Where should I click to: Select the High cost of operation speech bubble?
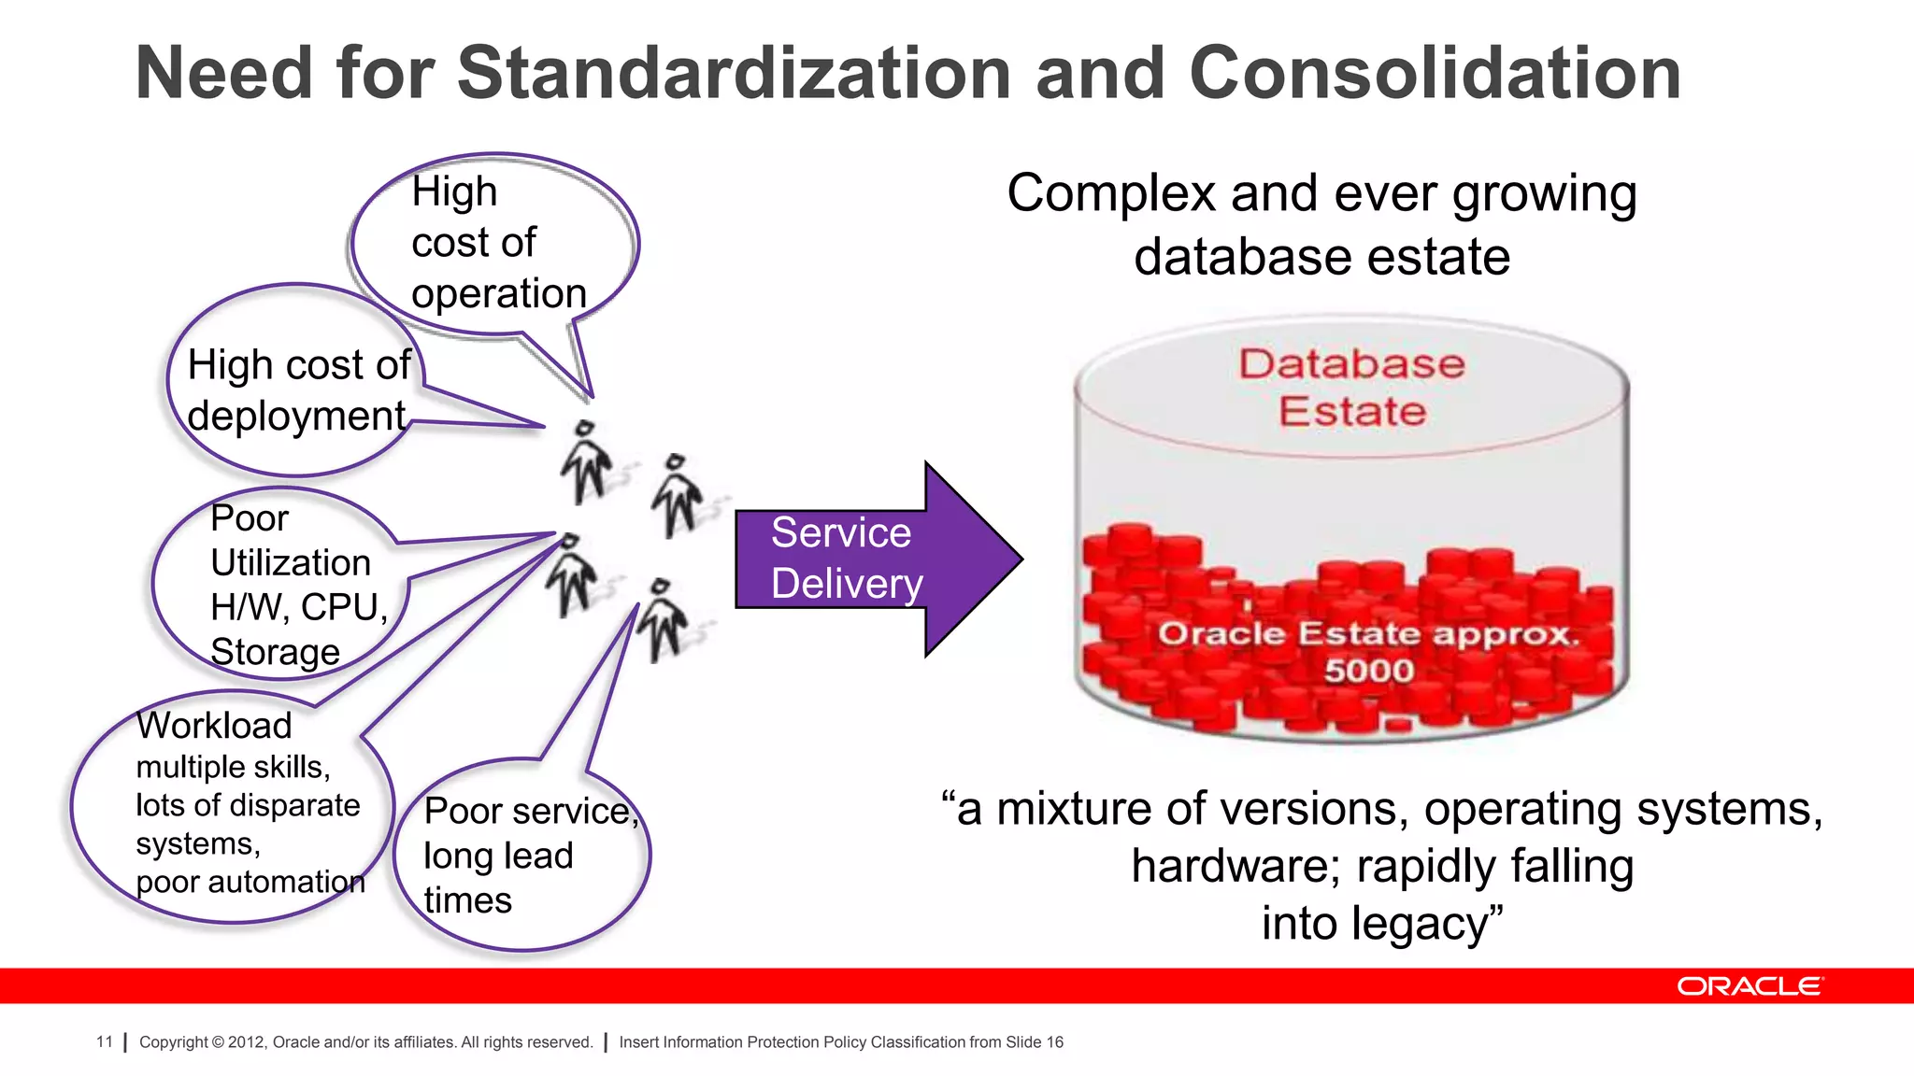pyautogui.click(x=495, y=243)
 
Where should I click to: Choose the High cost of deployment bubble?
pyautogui.click(x=294, y=388)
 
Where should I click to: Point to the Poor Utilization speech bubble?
pyautogui.click(x=280, y=584)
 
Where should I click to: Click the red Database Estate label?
pyautogui.click(x=1351, y=387)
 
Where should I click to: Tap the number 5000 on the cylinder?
pyautogui.click(x=1369, y=671)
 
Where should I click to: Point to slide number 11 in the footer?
pyautogui.click(x=104, y=1041)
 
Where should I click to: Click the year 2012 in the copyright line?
pyautogui.click(x=247, y=1042)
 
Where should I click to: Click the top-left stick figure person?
pyautogui.click(x=586, y=461)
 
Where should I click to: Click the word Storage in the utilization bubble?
pyautogui.click(x=275, y=652)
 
